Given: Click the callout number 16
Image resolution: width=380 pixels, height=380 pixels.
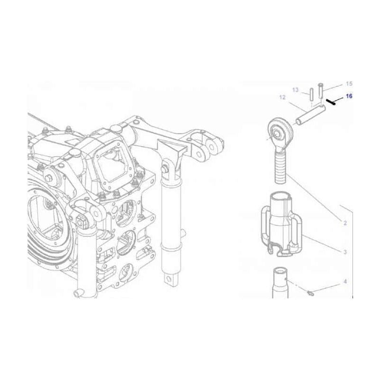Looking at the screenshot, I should [349, 96].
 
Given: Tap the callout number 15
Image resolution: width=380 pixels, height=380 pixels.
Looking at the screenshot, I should [349, 83].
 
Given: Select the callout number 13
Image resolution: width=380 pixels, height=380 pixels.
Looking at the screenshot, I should [295, 90].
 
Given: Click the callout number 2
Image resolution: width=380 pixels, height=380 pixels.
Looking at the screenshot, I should [345, 222].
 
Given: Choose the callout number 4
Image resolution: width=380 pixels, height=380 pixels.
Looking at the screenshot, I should [345, 282].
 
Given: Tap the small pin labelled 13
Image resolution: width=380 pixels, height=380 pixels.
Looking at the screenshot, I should [310, 94].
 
